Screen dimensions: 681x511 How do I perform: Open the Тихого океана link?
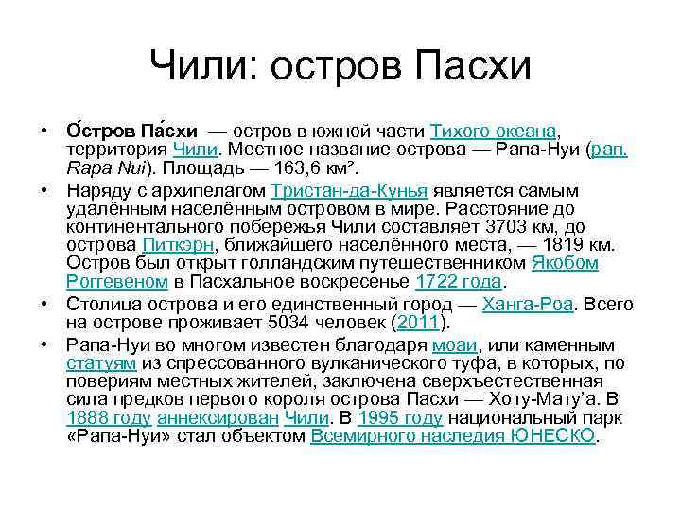click(x=493, y=132)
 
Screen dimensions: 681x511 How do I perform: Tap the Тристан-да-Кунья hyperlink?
click(x=349, y=191)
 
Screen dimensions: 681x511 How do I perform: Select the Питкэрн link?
click(x=178, y=245)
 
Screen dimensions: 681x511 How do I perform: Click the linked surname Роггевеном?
click(x=117, y=282)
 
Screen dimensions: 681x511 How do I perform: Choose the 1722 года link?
click(x=458, y=282)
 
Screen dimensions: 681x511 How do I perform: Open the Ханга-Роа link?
click(x=528, y=304)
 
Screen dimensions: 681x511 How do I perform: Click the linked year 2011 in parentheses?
click(x=418, y=323)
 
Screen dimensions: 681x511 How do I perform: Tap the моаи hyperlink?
click(x=455, y=345)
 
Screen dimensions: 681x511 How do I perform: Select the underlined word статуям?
click(x=101, y=363)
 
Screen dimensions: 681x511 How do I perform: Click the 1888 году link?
click(x=109, y=418)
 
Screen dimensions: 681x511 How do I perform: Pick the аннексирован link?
click(x=218, y=418)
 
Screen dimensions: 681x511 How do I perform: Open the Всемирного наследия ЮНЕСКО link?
click(x=452, y=436)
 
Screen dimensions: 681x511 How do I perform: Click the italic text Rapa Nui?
click(x=106, y=167)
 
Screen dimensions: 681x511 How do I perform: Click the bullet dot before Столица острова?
click(x=44, y=304)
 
